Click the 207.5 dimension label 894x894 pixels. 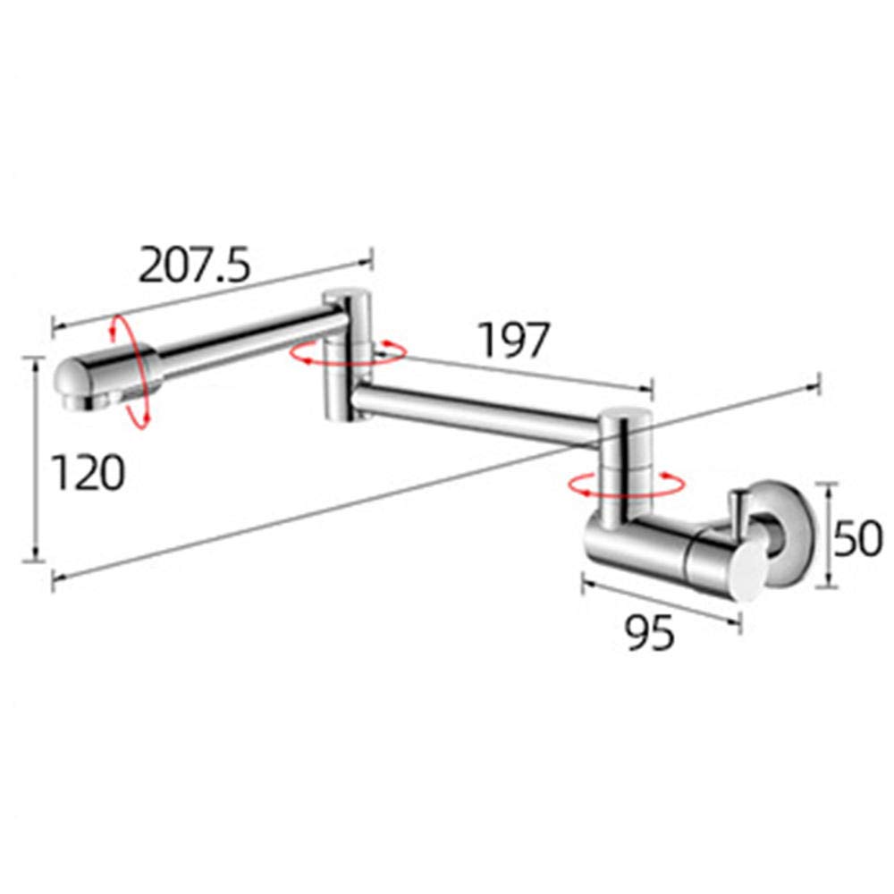click(194, 266)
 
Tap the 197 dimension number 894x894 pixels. click(514, 341)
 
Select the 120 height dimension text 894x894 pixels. click(88, 473)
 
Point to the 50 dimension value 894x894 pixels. click(857, 538)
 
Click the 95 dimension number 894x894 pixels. click(650, 633)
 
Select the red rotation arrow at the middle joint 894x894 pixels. click(348, 352)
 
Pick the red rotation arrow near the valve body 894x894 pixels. click(627, 484)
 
